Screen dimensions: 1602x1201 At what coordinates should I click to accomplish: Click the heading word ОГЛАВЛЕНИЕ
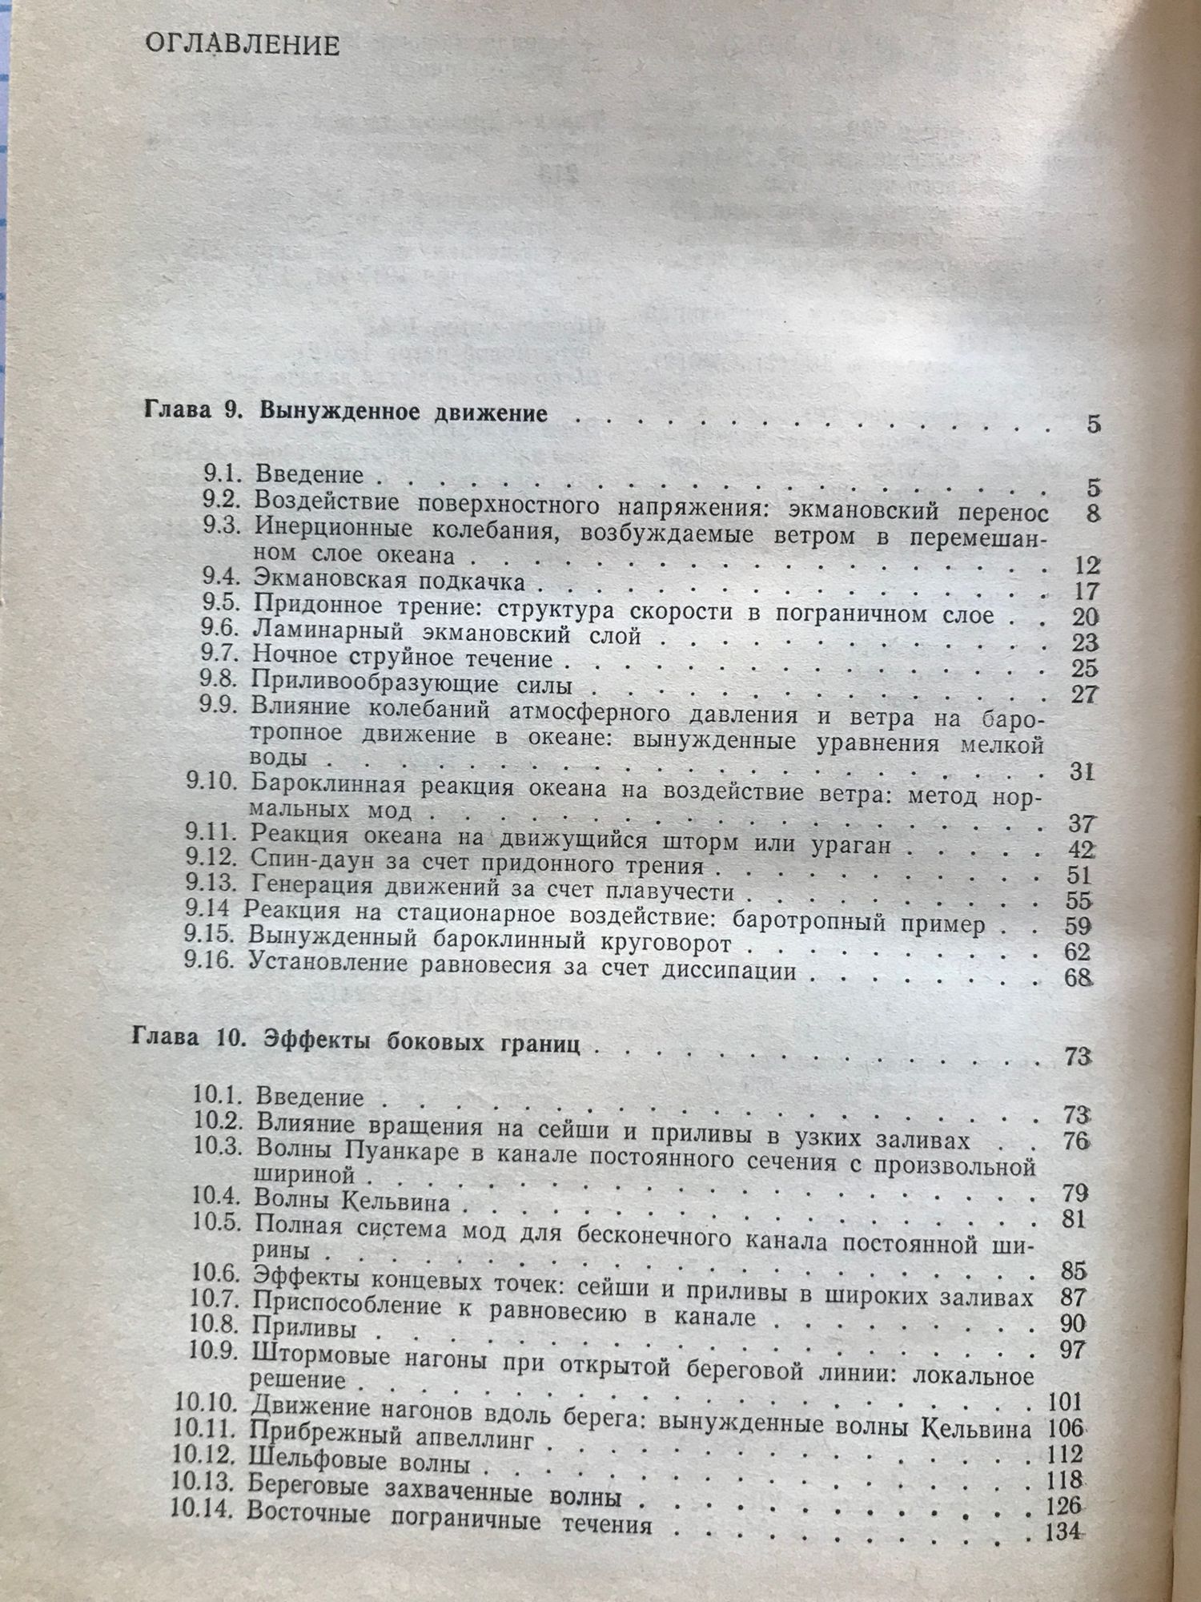(243, 45)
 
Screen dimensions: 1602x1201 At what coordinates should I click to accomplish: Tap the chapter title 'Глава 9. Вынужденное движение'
(345, 413)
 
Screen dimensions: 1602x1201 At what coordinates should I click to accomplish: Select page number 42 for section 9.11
(1080, 849)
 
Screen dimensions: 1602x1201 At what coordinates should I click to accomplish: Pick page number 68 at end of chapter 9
(1078, 978)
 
